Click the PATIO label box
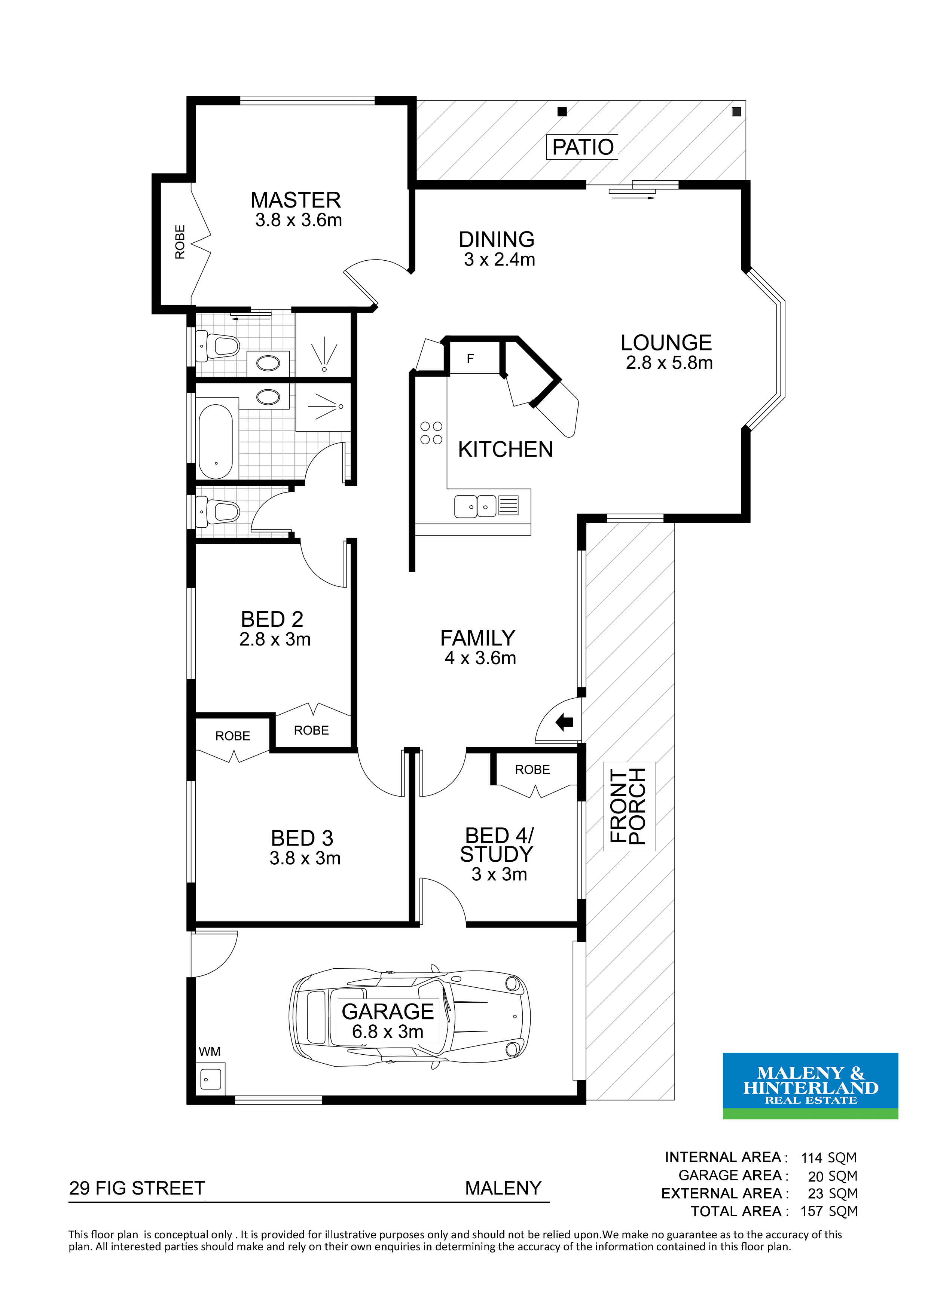(582, 147)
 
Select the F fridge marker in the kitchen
(470, 359)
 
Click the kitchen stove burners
(431, 433)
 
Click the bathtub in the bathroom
(216, 442)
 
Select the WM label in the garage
(209, 1051)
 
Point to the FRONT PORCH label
(629, 806)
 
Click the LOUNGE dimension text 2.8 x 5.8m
(669, 363)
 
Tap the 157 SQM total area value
(829, 1211)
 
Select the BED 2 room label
(272, 619)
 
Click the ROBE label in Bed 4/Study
(532, 770)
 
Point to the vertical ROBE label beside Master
(180, 242)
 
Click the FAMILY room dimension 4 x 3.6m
(480, 658)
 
